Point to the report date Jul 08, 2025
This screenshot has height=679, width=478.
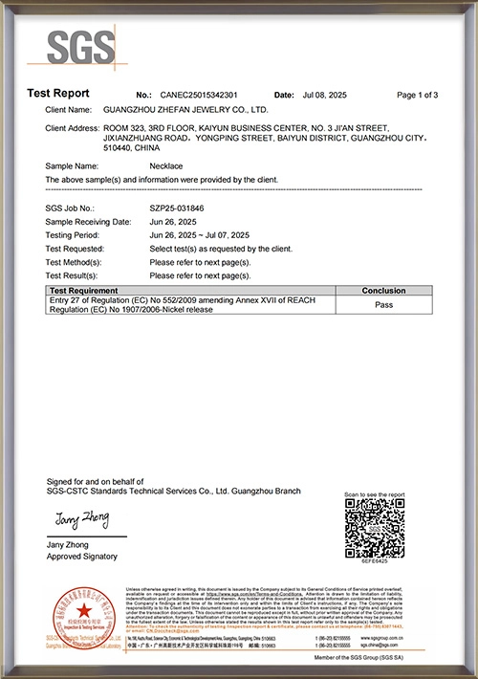point(320,96)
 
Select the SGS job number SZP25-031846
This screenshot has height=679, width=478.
point(177,208)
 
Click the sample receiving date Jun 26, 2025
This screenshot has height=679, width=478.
point(175,221)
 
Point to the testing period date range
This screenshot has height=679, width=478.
point(199,234)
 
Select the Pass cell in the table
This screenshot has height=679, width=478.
point(383,306)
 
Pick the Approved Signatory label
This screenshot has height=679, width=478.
point(81,556)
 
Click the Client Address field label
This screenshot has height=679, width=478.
point(73,127)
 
